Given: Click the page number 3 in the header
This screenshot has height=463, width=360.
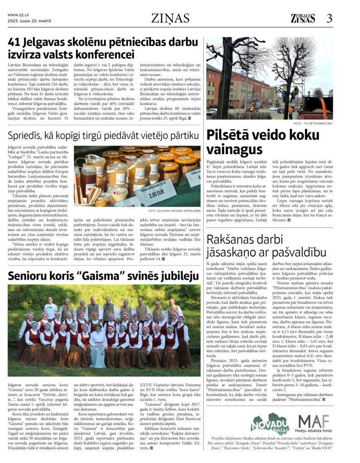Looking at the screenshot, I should pos(329,18).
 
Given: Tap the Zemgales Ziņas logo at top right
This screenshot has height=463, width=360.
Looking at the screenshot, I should pos(303,18).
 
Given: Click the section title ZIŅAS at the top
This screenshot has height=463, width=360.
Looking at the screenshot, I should pos(176,18).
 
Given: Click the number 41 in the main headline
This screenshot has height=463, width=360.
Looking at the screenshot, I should pos(16,43).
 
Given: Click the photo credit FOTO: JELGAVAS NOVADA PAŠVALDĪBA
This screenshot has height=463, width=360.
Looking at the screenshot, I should pos(174,210).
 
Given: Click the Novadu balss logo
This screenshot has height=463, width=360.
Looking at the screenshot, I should pos(270,424).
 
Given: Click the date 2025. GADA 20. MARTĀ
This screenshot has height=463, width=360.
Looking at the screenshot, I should pos(29,21).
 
